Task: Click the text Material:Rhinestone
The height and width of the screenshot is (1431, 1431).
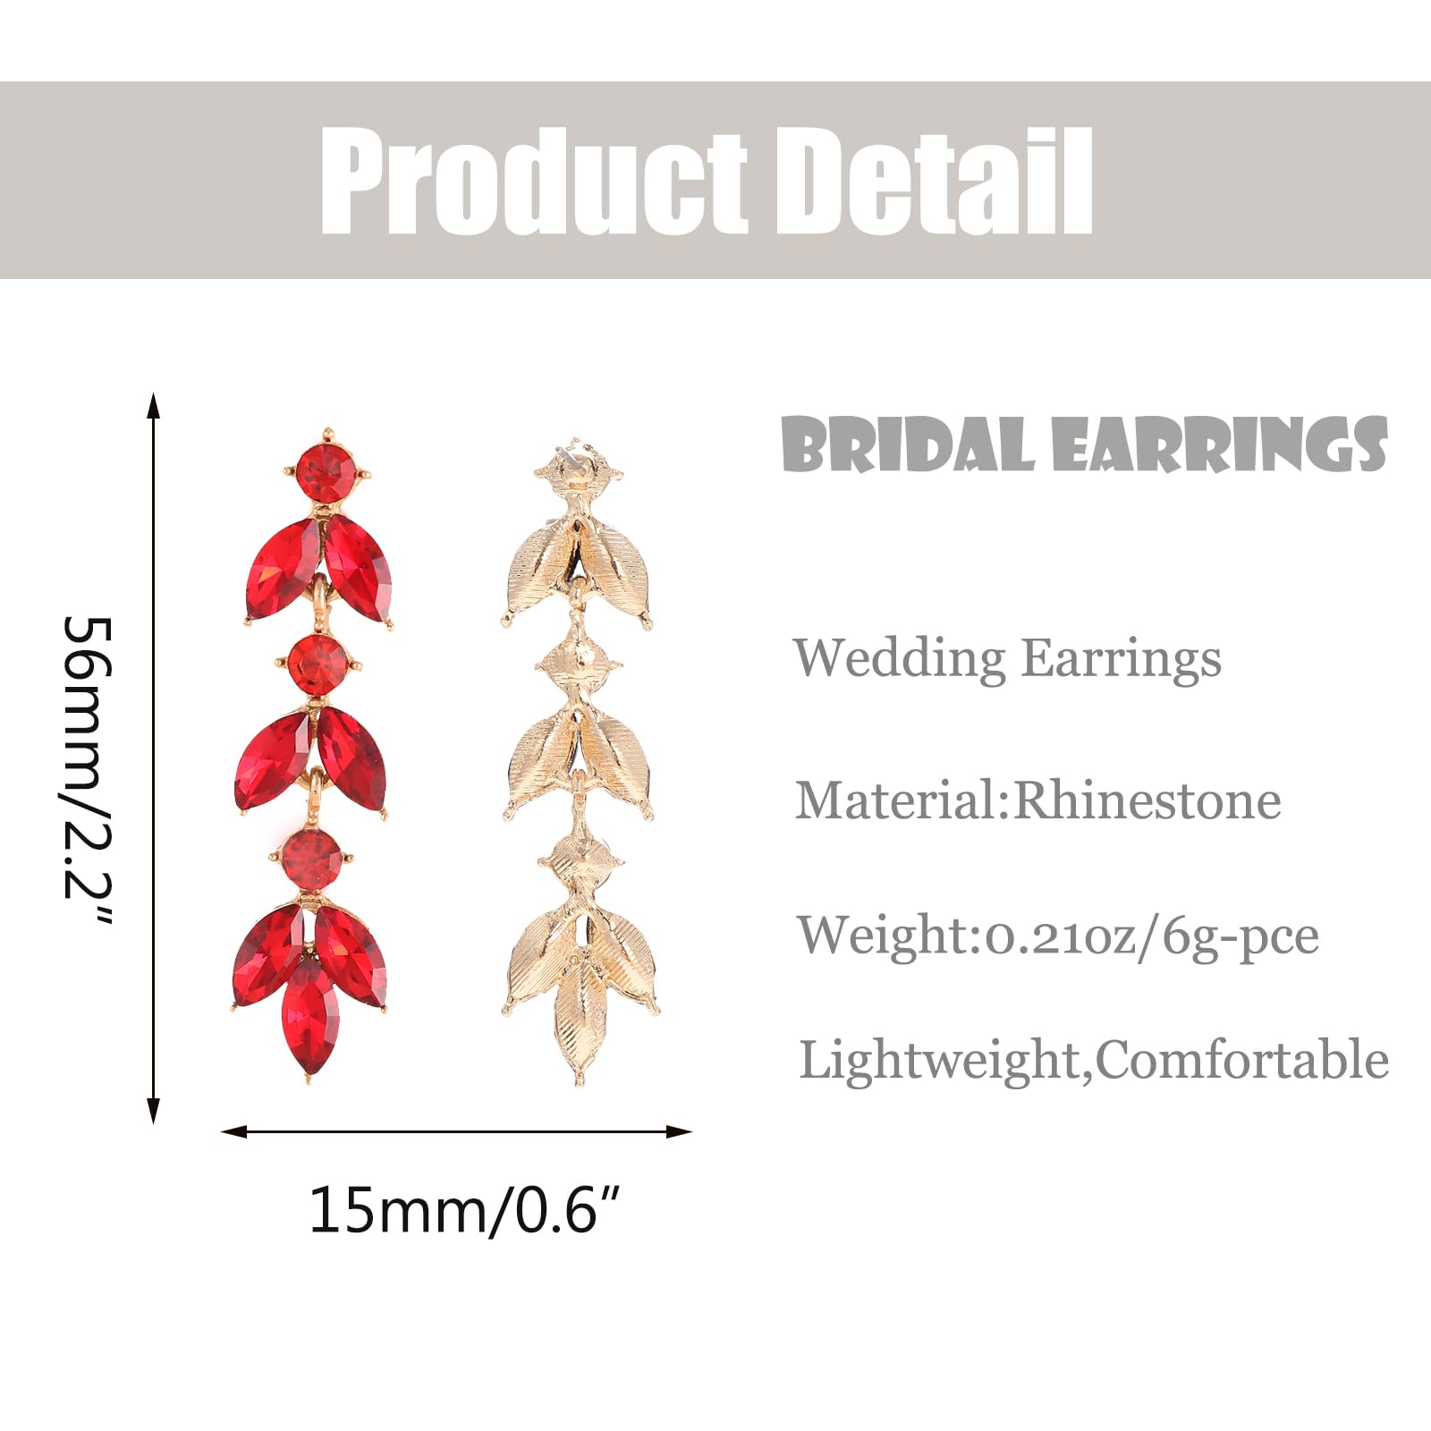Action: [x=1038, y=800]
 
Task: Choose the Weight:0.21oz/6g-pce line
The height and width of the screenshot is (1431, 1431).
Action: [x=1058, y=936]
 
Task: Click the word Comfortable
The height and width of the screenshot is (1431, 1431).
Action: [x=1243, y=1060]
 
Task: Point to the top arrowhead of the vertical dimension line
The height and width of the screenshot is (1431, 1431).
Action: [x=154, y=404]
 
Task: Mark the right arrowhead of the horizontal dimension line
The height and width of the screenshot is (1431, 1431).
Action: [x=680, y=1132]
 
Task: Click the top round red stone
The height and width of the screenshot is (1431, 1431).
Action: [x=326, y=473]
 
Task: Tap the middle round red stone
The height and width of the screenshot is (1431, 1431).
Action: [x=318, y=665]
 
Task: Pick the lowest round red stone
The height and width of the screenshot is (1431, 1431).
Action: [x=311, y=859]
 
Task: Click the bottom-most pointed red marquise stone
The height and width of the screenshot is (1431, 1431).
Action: [x=309, y=1017]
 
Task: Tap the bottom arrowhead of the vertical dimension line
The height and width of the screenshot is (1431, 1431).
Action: [x=154, y=1111]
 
